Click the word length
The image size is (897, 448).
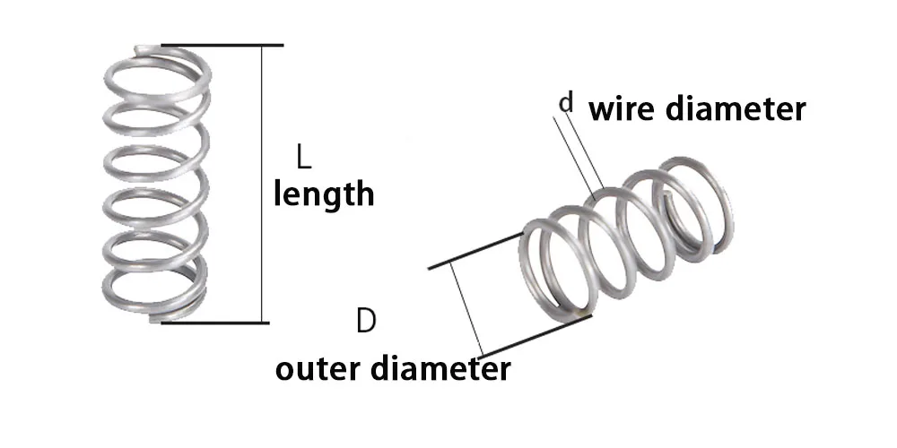323,194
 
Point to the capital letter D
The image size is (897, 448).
365,320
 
